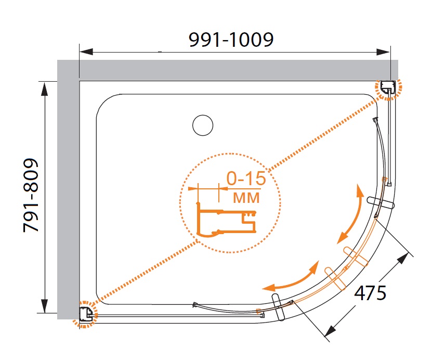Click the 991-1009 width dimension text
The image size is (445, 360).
[231, 40]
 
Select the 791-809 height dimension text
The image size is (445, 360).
[31, 195]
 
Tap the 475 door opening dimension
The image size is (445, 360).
[370, 292]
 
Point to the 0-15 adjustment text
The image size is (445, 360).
[246, 178]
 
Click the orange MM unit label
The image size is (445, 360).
[246, 198]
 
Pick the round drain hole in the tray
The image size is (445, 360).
[203, 125]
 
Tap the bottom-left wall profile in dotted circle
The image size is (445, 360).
[86, 315]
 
